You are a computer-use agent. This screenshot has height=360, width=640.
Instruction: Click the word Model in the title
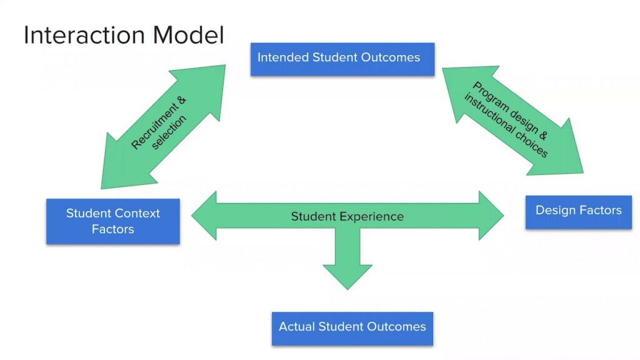click(x=189, y=35)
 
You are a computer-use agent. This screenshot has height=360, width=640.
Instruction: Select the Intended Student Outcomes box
click(x=342, y=59)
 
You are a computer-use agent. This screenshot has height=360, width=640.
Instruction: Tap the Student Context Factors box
click(x=112, y=221)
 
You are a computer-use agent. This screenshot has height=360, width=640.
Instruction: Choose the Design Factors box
click(x=578, y=211)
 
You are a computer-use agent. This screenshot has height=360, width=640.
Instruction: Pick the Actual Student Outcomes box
click(x=352, y=327)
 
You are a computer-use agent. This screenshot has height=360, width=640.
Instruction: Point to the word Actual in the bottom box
click(x=297, y=327)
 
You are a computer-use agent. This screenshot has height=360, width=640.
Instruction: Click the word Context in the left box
click(x=137, y=213)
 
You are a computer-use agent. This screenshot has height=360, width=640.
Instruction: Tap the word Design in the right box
click(x=554, y=210)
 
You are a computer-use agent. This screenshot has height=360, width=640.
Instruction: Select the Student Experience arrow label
click(x=347, y=217)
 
